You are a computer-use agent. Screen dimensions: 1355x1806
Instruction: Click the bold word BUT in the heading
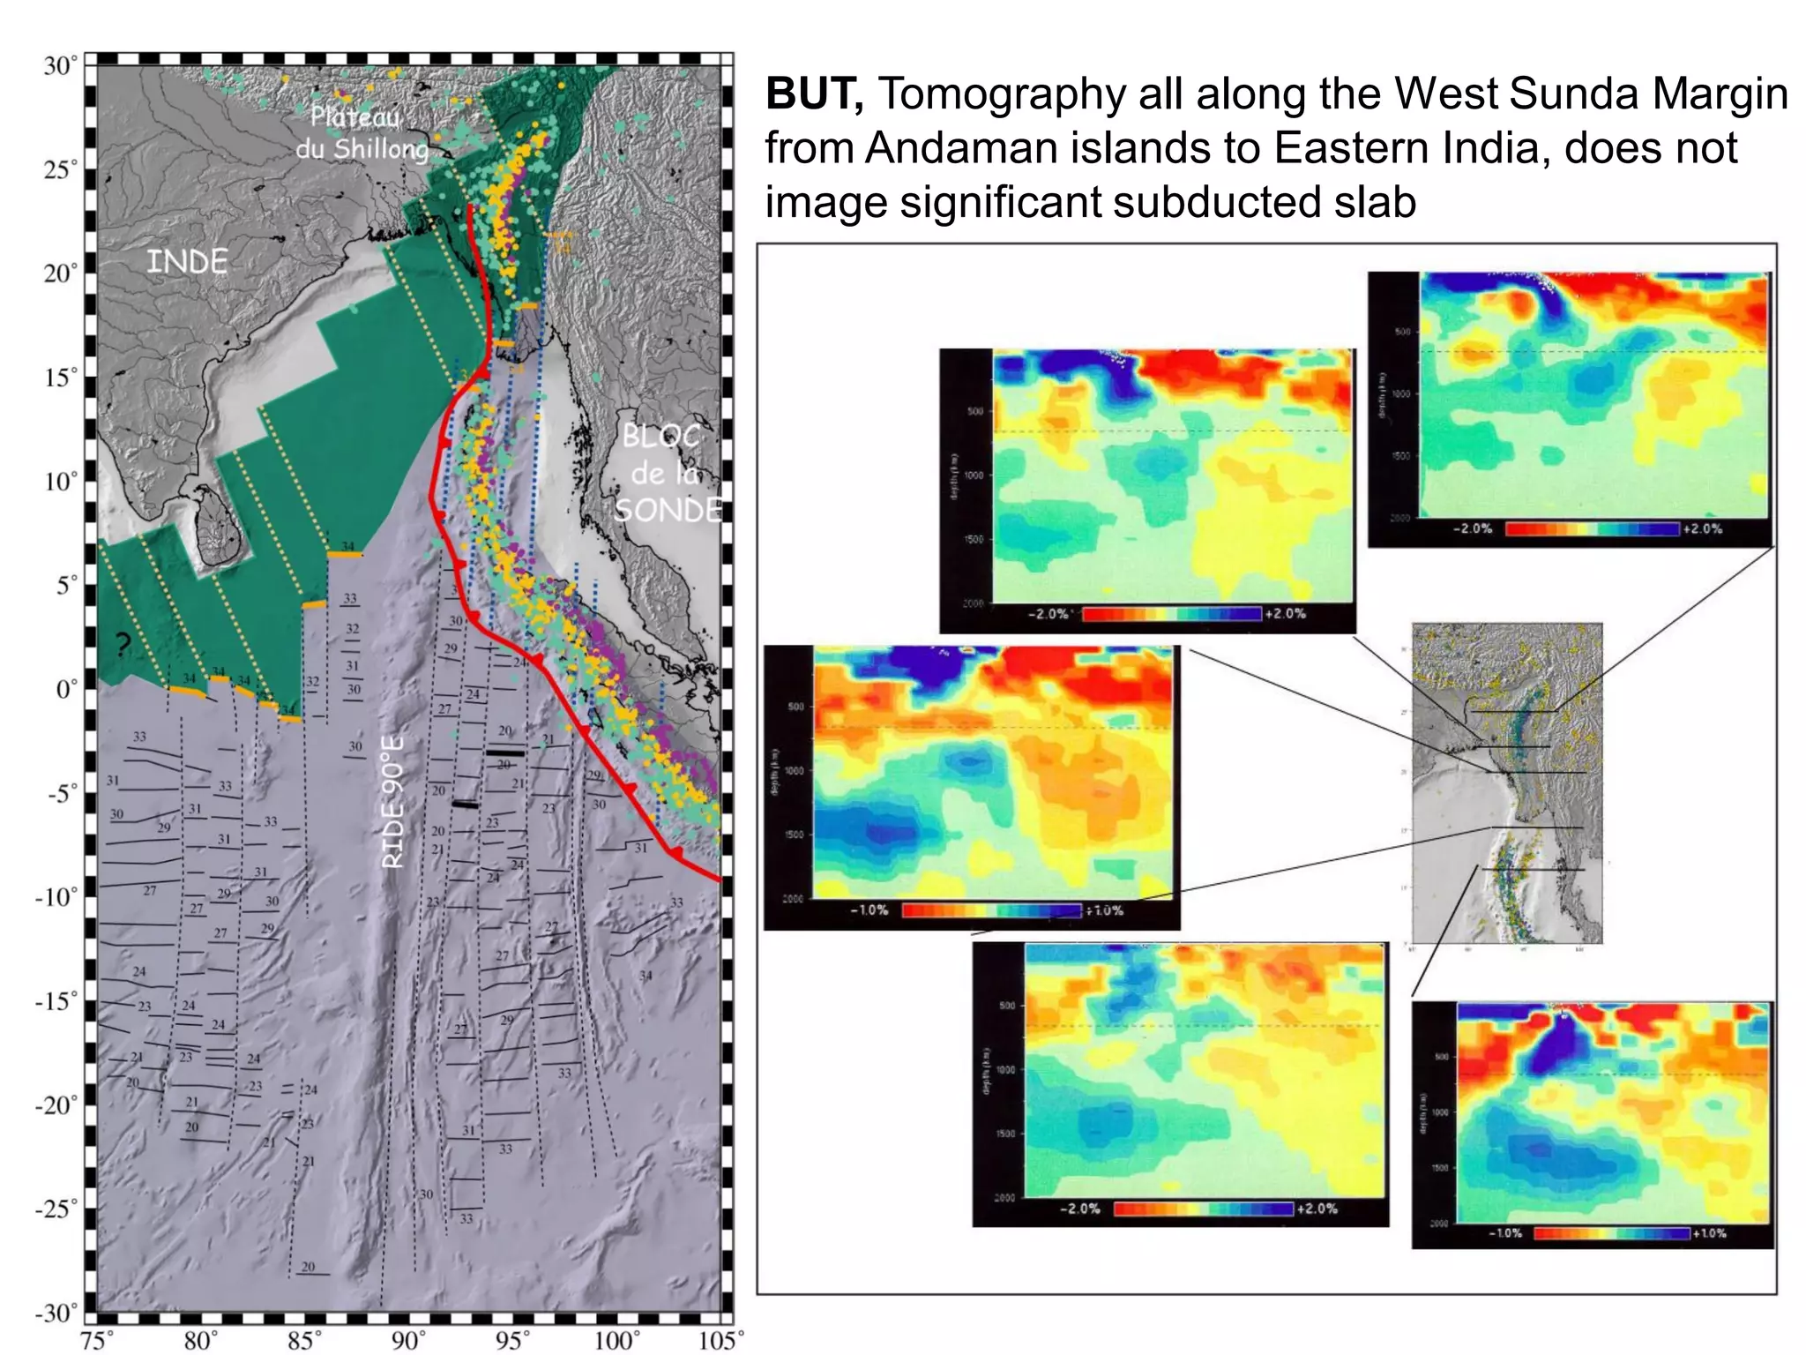[x=813, y=94]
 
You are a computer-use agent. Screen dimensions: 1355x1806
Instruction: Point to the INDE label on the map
[x=186, y=262]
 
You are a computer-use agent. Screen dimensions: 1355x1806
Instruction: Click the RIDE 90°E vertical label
[x=393, y=803]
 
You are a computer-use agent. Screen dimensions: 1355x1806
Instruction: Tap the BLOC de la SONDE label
[x=666, y=473]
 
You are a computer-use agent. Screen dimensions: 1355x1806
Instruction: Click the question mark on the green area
[x=123, y=644]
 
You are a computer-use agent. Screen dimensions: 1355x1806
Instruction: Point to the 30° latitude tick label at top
[x=60, y=66]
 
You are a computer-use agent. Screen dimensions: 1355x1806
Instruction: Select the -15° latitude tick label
[x=56, y=1000]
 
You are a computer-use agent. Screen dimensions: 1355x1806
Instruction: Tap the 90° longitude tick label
[x=408, y=1341]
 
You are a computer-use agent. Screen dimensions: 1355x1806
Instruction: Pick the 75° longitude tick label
[x=96, y=1341]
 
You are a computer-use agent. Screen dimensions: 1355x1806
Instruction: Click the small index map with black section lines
[x=1506, y=783]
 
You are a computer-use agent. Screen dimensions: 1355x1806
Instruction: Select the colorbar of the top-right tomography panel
[x=1593, y=529]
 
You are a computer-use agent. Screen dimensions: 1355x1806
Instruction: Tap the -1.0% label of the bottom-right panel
[x=1504, y=1233]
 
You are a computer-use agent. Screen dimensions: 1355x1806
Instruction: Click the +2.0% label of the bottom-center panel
[x=1317, y=1209]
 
